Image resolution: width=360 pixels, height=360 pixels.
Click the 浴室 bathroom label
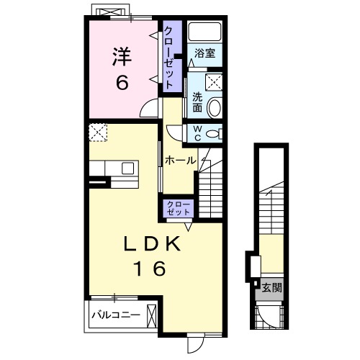pyautogui.click(x=204, y=53)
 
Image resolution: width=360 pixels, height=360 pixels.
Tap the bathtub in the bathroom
pyautogui.click(x=204, y=32)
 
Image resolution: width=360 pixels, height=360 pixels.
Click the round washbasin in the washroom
pyautogui.click(x=214, y=108)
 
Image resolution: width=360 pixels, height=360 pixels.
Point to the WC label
pyautogui.click(x=197, y=133)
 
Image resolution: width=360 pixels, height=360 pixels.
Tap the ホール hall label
pyautogui.click(x=180, y=161)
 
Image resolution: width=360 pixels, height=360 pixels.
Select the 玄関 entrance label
pyautogui.click(x=271, y=287)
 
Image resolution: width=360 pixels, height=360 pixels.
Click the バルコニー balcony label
pyautogui.click(x=116, y=315)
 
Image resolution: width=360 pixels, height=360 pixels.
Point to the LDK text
pyautogui.click(x=152, y=244)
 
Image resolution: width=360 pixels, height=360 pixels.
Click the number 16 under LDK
pyautogui.click(x=151, y=268)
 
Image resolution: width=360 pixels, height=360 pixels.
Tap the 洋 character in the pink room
pyautogui.click(x=122, y=56)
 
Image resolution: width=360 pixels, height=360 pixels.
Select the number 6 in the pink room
pyautogui.click(x=122, y=83)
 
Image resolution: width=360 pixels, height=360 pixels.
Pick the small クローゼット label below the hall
pyautogui.click(x=179, y=209)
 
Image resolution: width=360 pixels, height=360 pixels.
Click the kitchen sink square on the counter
pyautogui.click(x=127, y=168)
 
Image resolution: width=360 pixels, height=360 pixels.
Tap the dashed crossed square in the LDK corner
pyautogui.click(x=98, y=132)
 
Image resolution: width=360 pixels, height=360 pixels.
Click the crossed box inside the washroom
pyautogui.click(x=213, y=82)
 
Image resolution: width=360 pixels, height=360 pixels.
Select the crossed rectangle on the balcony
pyautogui.click(x=151, y=316)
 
